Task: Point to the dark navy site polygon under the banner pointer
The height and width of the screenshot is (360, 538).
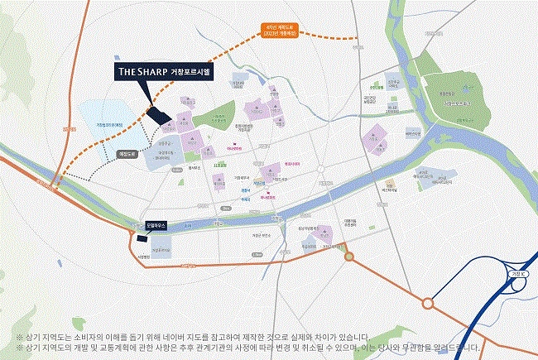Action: click(157, 118)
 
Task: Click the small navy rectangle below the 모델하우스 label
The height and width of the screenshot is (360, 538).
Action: click(142, 239)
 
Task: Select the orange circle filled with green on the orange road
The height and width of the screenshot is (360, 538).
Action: click(349, 257)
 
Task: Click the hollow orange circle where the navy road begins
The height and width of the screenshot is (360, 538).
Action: click(428, 304)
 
